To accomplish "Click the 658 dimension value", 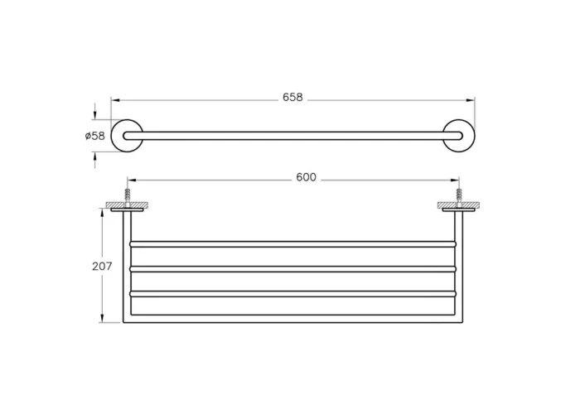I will point(292,98).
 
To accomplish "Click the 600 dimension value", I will point(307,178).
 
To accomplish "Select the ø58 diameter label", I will point(95,136).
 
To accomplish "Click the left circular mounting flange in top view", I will point(128,136).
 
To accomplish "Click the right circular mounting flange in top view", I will point(458,136).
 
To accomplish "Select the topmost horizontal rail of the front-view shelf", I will point(292,244).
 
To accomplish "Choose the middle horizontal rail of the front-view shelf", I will point(292,269).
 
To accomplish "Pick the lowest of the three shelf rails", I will point(292,293).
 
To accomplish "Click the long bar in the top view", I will point(292,136).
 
